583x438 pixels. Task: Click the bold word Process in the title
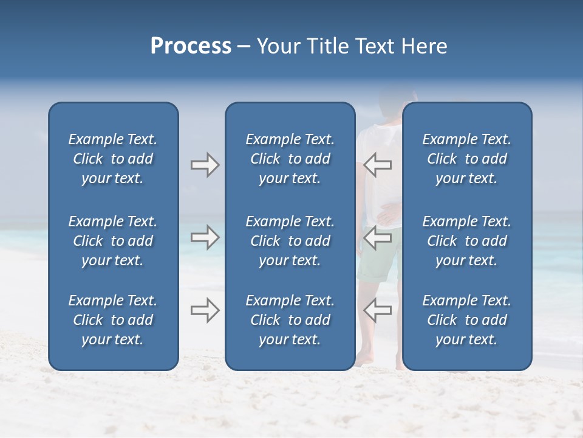point(191,46)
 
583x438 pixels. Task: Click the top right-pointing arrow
point(205,165)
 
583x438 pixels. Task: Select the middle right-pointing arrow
point(205,237)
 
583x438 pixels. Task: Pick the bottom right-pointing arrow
point(205,310)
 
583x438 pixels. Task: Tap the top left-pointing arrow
point(377,165)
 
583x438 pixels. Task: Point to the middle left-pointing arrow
point(377,237)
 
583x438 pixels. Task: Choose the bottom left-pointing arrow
point(377,310)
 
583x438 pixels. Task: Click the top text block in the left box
point(113,159)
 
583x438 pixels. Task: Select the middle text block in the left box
point(113,241)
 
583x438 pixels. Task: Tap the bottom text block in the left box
point(113,320)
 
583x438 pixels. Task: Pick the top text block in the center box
point(290,159)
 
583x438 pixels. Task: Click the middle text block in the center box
point(290,241)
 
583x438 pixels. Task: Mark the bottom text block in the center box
point(290,320)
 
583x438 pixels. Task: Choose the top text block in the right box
point(466,159)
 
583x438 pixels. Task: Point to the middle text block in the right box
point(466,241)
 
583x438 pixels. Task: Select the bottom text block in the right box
point(466,320)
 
